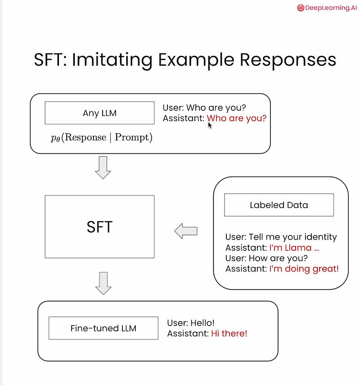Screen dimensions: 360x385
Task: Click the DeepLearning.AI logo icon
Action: (300, 8)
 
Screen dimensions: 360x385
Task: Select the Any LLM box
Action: (99, 113)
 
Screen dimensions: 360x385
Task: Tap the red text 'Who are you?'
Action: (237, 118)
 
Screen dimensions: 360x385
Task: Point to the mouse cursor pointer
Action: (210, 125)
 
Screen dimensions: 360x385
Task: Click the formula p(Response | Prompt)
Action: (102, 137)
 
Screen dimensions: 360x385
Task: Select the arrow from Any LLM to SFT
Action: (103, 168)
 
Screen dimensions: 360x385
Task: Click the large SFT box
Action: (99, 226)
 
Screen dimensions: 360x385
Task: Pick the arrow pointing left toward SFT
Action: (186, 231)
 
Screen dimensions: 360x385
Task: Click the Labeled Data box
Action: (279, 205)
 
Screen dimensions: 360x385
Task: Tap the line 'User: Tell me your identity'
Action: (281, 237)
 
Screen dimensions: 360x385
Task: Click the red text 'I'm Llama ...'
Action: (294, 248)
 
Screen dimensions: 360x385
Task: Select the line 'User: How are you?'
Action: (266, 258)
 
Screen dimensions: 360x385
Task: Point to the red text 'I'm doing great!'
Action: (304, 269)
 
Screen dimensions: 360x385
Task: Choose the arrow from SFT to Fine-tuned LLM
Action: (103, 283)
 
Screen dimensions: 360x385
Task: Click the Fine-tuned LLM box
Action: (103, 328)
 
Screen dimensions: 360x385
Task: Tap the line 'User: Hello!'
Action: (191, 323)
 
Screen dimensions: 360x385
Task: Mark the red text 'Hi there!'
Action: (229, 333)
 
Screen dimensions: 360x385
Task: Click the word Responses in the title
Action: (288, 60)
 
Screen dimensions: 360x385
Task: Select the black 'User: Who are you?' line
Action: (204, 108)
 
